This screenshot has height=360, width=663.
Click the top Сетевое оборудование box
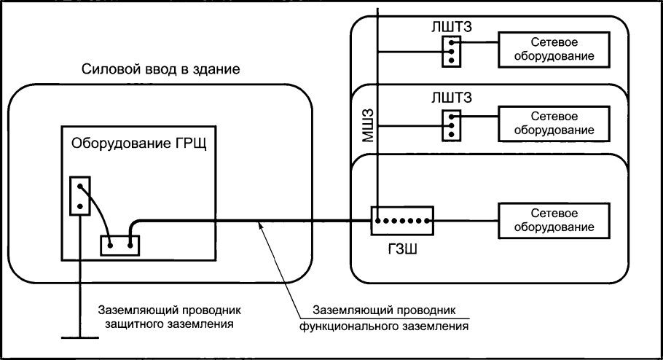tap(554, 50)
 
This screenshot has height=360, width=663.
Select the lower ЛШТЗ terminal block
tap(452, 124)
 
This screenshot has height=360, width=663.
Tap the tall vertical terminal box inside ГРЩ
tap(79, 195)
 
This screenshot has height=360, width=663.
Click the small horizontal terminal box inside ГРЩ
tap(119, 245)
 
